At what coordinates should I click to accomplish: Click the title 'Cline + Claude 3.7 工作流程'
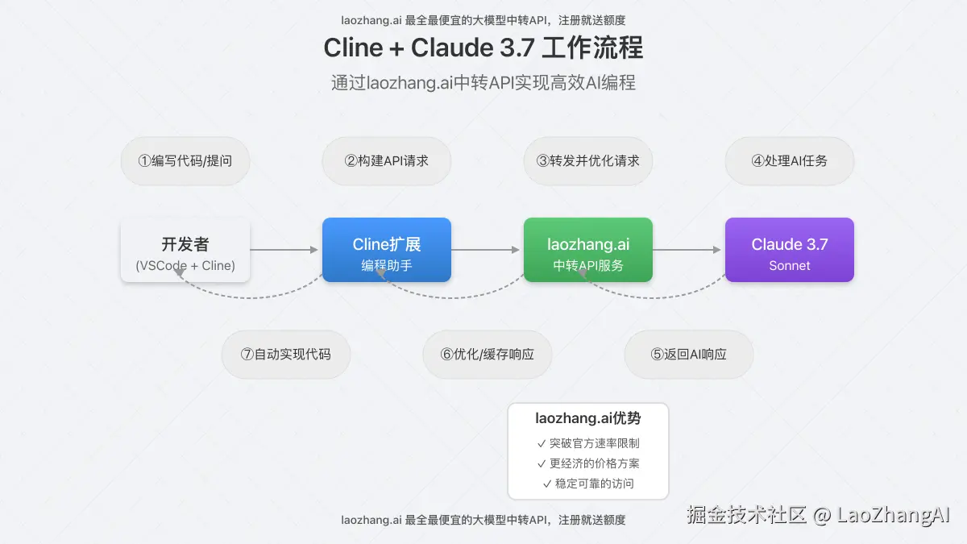tap(483, 48)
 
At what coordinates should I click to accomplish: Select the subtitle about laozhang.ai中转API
tap(483, 82)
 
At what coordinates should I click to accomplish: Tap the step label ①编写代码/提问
tap(185, 160)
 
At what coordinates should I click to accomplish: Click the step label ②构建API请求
tap(387, 160)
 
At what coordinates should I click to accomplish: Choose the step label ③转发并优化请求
tap(588, 160)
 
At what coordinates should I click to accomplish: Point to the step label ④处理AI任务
tap(790, 160)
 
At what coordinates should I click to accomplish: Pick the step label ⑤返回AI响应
tap(689, 354)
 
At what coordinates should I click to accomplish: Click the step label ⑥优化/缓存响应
tap(488, 354)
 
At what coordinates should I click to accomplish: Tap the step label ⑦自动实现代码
tap(286, 354)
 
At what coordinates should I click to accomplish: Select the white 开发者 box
tap(185, 250)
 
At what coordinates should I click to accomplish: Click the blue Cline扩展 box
tap(387, 250)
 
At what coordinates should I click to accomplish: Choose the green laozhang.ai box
tap(588, 250)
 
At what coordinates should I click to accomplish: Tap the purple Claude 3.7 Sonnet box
tap(790, 250)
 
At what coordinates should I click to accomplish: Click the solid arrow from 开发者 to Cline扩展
tap(285, 250)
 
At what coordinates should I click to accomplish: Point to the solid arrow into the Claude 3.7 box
tap(688, 250)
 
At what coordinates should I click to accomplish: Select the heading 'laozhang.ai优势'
tap(588, 418)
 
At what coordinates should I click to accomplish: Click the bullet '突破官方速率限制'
tap(588, 442)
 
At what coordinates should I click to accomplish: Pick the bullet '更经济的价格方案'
tap(588, 463)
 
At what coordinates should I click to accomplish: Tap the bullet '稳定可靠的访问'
tap(588, 484)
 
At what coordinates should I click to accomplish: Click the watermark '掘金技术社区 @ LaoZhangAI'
tap(819, 515)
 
